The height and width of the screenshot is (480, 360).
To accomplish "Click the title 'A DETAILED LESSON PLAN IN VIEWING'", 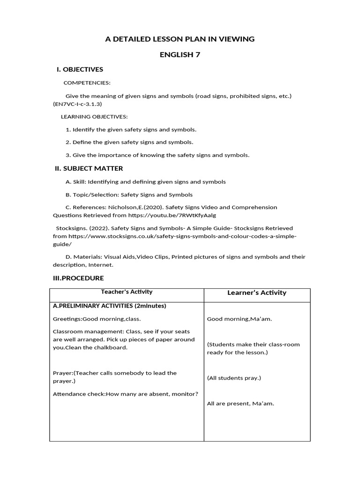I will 180,39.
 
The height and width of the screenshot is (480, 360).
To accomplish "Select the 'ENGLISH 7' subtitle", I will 180,54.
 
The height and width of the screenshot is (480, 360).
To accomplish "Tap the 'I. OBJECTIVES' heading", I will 80,69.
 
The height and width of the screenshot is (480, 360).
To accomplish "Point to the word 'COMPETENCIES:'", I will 87,82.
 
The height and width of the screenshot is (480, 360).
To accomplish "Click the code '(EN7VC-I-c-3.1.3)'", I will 77,104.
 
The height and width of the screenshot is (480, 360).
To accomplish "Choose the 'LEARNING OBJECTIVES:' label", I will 94,116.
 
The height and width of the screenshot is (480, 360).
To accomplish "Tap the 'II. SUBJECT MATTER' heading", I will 89,168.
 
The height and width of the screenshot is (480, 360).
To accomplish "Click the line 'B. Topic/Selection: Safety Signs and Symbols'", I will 129,194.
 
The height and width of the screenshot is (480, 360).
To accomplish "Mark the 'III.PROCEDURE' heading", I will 78,278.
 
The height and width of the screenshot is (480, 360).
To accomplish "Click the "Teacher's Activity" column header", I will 127,292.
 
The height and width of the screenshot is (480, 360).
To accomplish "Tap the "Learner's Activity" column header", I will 256,292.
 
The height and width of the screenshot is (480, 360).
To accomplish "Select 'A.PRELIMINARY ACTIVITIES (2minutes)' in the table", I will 110,306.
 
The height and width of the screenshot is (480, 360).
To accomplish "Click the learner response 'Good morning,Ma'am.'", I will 240,319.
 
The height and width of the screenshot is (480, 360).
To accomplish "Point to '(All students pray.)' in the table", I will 234,377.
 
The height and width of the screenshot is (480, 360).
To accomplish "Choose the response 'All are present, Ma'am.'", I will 240,403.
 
